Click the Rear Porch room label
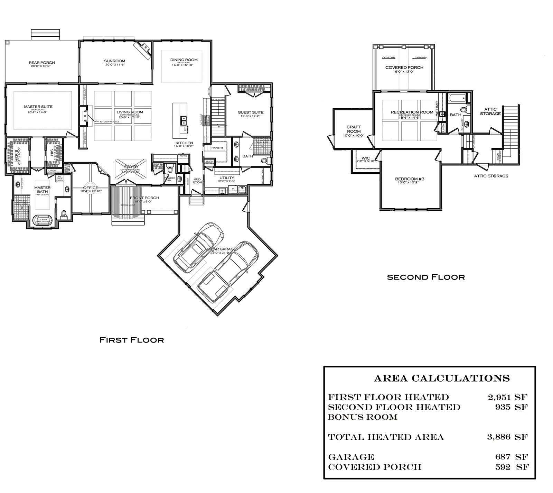42,63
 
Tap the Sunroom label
114,61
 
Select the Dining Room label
184,60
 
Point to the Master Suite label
38,107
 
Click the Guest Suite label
250,112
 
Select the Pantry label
217,148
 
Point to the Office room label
91,188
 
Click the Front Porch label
144,198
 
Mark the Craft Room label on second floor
354,129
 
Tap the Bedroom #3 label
409,179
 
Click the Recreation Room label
412,112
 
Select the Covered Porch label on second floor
404,67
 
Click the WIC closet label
366,158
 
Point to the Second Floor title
425,277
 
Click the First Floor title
131,340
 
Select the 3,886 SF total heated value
507,437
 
